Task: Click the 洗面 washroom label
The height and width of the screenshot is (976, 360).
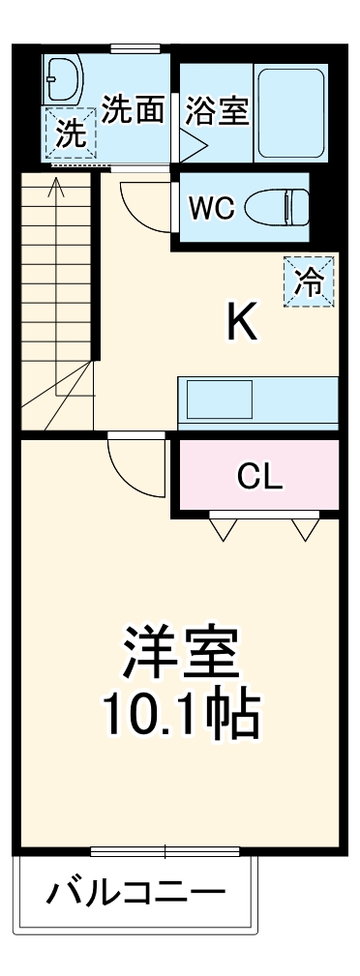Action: (x=134, y=111)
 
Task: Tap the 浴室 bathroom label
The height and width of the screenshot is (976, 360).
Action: (x=217, y=111)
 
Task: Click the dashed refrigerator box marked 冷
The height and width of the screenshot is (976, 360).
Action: (x=309, y=280)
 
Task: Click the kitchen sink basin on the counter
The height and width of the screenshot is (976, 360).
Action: (x=220, y=397)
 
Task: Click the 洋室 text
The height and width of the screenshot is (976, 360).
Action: (x=181, y=657)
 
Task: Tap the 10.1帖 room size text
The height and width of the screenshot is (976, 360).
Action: (x=181, y=717)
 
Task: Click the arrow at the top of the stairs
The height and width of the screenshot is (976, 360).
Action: (x=56, y=186)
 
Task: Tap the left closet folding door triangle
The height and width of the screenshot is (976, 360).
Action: (x=225, y=528)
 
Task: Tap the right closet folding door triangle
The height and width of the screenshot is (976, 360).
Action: (x=305, y=528)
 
